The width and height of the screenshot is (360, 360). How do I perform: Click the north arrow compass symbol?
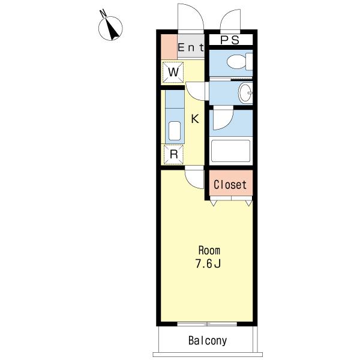[110, 28]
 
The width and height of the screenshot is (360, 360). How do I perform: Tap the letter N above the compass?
[103, 13]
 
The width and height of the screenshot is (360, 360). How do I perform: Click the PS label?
[230, 40]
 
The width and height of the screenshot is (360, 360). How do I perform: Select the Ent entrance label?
[191, 47]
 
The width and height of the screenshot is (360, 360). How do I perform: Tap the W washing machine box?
[173, 72]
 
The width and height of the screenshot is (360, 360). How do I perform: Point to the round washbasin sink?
[245, 93]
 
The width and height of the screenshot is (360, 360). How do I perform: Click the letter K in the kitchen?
[195, 119]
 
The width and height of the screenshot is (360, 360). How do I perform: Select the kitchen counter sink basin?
[175, 131]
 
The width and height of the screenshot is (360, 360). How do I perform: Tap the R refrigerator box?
[173, 154]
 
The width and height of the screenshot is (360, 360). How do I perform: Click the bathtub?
[230, 151]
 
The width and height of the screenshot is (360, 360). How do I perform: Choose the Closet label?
[230, 185]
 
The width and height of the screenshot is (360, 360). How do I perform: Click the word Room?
[209, 250]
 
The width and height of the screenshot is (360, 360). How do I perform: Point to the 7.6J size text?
[208, 263]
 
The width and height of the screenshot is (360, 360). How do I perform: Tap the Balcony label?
[208, 341]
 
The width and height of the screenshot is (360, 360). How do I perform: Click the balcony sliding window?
[207, 324]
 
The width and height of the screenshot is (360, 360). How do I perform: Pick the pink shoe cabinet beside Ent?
[169, 47]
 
